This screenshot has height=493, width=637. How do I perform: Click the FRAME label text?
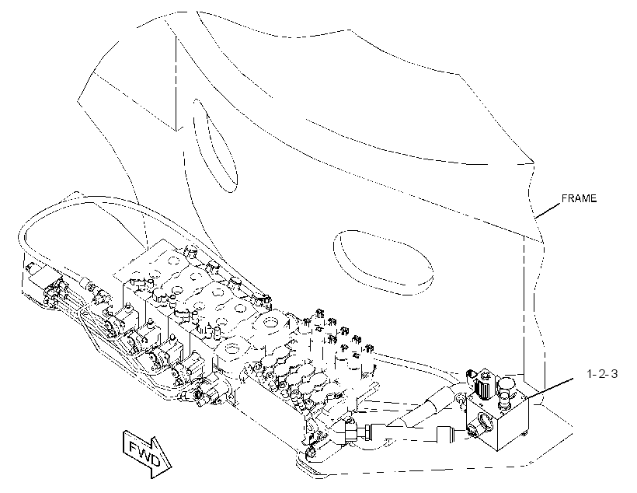tap(579, 198)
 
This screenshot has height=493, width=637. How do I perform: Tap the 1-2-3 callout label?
tap(603, 373)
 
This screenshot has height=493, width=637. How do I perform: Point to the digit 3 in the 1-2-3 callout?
tap(614, 373)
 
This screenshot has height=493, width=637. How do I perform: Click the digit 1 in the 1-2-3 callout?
tap(590, 373)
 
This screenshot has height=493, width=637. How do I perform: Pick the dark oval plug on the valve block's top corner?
tap(471, 376)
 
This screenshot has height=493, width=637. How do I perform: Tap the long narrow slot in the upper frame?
tap(214, 145)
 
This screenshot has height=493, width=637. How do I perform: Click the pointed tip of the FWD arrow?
tap(172, 466)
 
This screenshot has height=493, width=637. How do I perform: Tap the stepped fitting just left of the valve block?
tap(450, 434)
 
